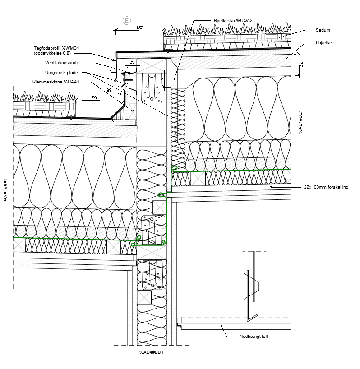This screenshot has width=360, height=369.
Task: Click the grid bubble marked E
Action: coord(127,20)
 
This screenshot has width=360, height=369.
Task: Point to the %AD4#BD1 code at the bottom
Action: coord(151,352)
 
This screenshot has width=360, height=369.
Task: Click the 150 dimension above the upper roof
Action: coord(139,28)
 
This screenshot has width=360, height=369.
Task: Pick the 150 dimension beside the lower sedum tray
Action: coord(93,97)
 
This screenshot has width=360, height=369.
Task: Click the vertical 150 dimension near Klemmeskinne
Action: coord(109,90)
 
